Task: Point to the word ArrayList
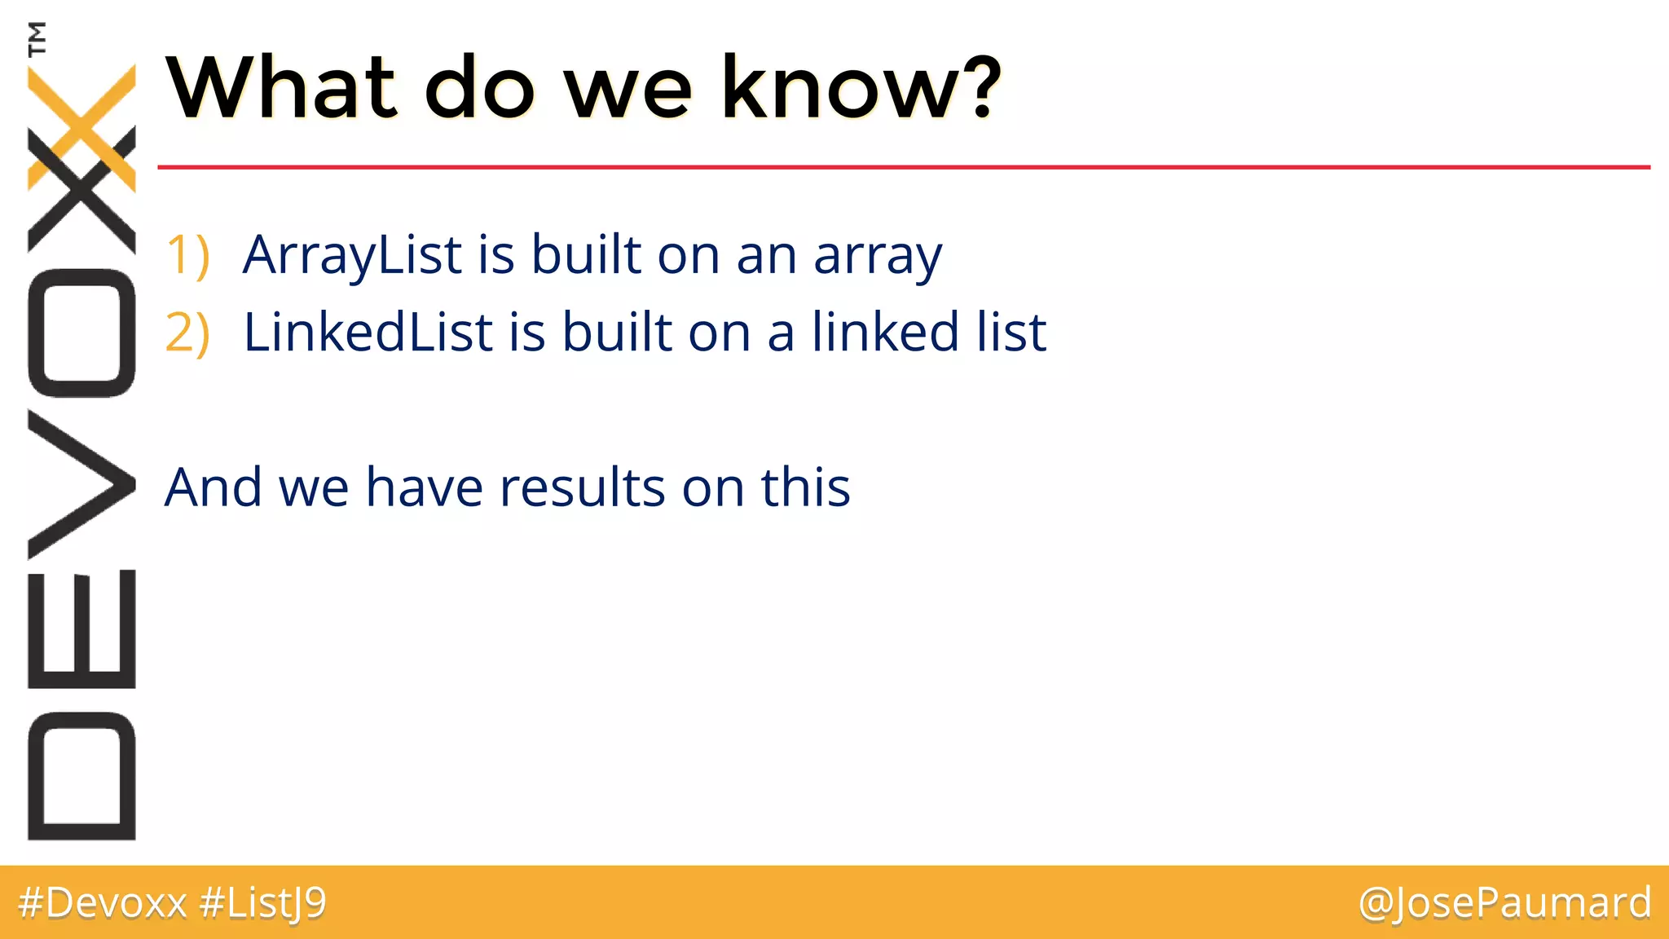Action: [352, 255]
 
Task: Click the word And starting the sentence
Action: [213, 487]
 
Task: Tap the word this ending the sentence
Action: [805, 487]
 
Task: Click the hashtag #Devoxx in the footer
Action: [103, 902]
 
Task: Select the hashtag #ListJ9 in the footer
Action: [262, 902]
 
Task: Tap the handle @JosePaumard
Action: [1504, 902]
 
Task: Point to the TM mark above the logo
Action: [37, 38]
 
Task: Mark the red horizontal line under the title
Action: [896, 167]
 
